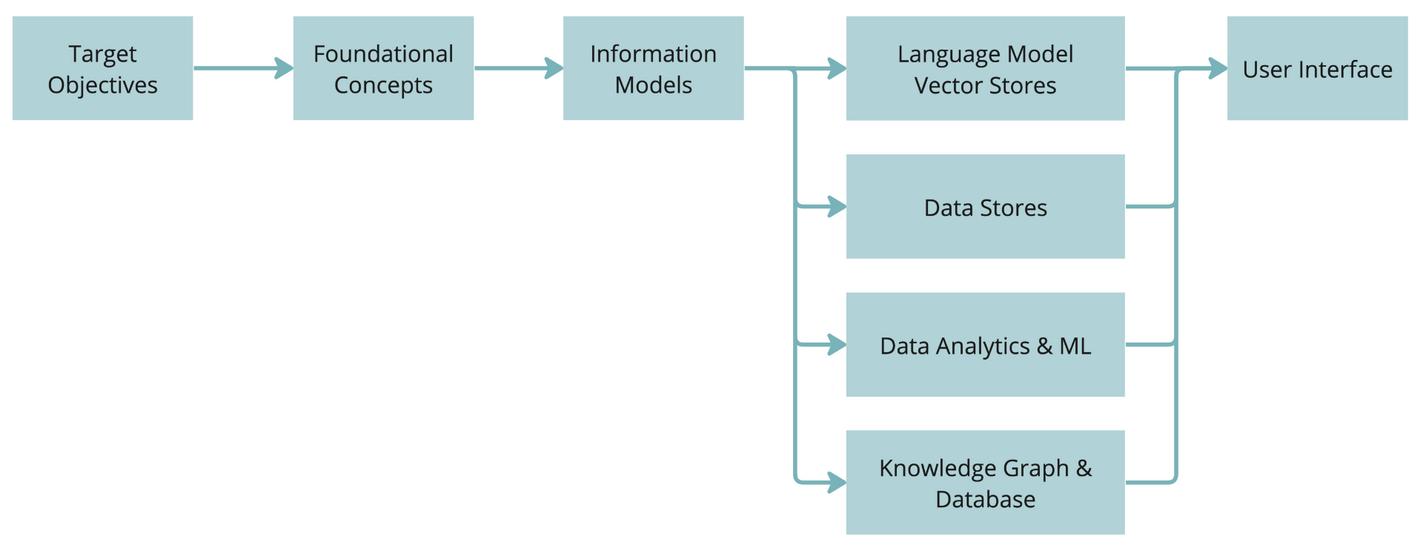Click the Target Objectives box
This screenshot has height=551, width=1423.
(x=102, y=68)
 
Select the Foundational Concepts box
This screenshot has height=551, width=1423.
(x=383, y=68)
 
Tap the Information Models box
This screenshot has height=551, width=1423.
(x=653, y=68)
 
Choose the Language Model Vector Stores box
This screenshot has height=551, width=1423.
(x=985, y=68)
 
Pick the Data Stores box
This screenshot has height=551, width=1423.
(x=985, y=207)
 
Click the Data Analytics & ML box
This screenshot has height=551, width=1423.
(x=985, y=345)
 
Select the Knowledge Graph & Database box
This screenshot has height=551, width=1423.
(x=985, y=483)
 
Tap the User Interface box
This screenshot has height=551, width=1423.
(x=1317, y=68)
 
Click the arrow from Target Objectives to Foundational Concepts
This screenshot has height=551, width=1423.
(x=242, y=68)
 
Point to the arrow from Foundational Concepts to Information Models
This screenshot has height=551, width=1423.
(x=518, y=68)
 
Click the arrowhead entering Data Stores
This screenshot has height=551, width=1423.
(x=837, y=206)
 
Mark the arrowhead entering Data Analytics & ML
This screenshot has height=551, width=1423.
(x=837, y=345)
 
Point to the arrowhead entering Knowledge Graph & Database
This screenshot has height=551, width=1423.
(x=837, y=483)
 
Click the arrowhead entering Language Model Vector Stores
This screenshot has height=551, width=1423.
(x=837, y=68)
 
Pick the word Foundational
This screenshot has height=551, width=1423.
(x=383, y=54)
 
